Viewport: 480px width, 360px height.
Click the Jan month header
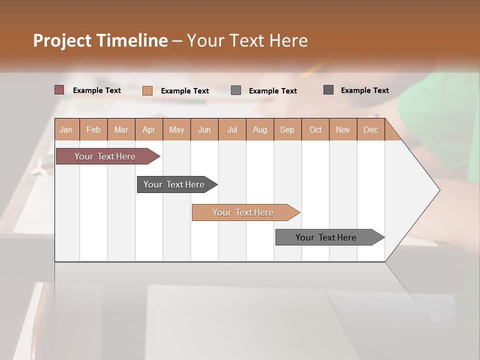[66, 129]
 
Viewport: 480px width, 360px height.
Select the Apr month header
[149, 129]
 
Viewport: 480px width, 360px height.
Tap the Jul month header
[232, 129]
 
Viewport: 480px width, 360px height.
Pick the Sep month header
[287, 129]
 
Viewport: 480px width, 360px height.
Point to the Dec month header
[370, 129]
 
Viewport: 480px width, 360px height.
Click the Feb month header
[93, 129]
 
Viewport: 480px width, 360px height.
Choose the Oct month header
[315, 129]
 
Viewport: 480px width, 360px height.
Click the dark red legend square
[59, 90]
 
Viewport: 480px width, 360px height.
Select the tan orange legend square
[147, 90]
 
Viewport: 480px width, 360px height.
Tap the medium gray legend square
[236, 90]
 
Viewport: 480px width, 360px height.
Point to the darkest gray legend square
[328, 90]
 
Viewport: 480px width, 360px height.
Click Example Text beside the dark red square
[97, 90]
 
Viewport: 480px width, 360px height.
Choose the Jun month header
[204, 129]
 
